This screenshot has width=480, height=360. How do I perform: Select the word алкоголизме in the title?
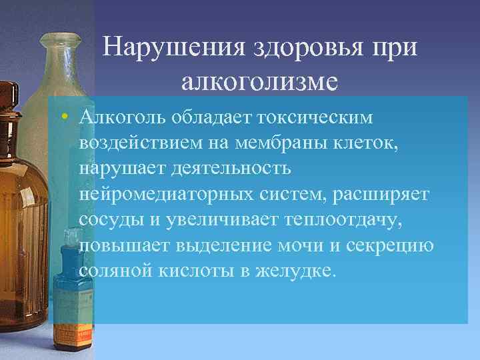(x=259, y=81)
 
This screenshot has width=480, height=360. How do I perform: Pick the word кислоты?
(x=190, y=271)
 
